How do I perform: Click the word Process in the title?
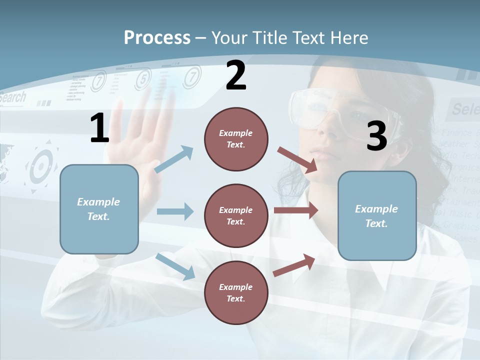[157, 37]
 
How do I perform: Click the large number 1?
[99, 128]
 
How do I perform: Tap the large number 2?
[236, 75]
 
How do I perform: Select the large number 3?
[376, 136]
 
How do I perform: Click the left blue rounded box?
[99, 209]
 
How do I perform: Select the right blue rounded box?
[377, 215]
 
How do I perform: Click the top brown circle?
[236, 139]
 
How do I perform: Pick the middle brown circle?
[236, 215]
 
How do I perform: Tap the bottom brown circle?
[236, 292]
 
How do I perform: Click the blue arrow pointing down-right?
[175, 266]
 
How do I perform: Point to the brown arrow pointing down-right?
[297, 159]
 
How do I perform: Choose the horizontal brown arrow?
[296, 210]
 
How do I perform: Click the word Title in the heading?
[270, 37]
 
